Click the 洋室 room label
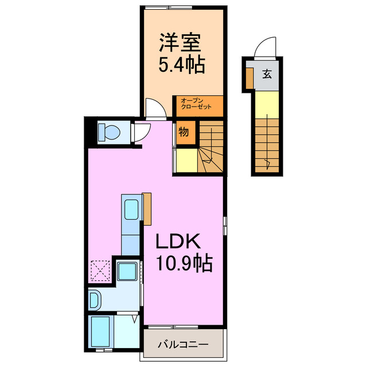tap(181, 42)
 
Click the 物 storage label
tap(183, 131)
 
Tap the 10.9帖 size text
tap(184, 264)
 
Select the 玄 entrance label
tap(267, 73)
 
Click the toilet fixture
tap(108, 133)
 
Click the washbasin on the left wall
tap(95, 299)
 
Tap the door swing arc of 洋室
tap(154, 108)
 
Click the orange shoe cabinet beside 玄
tap(249, 78)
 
